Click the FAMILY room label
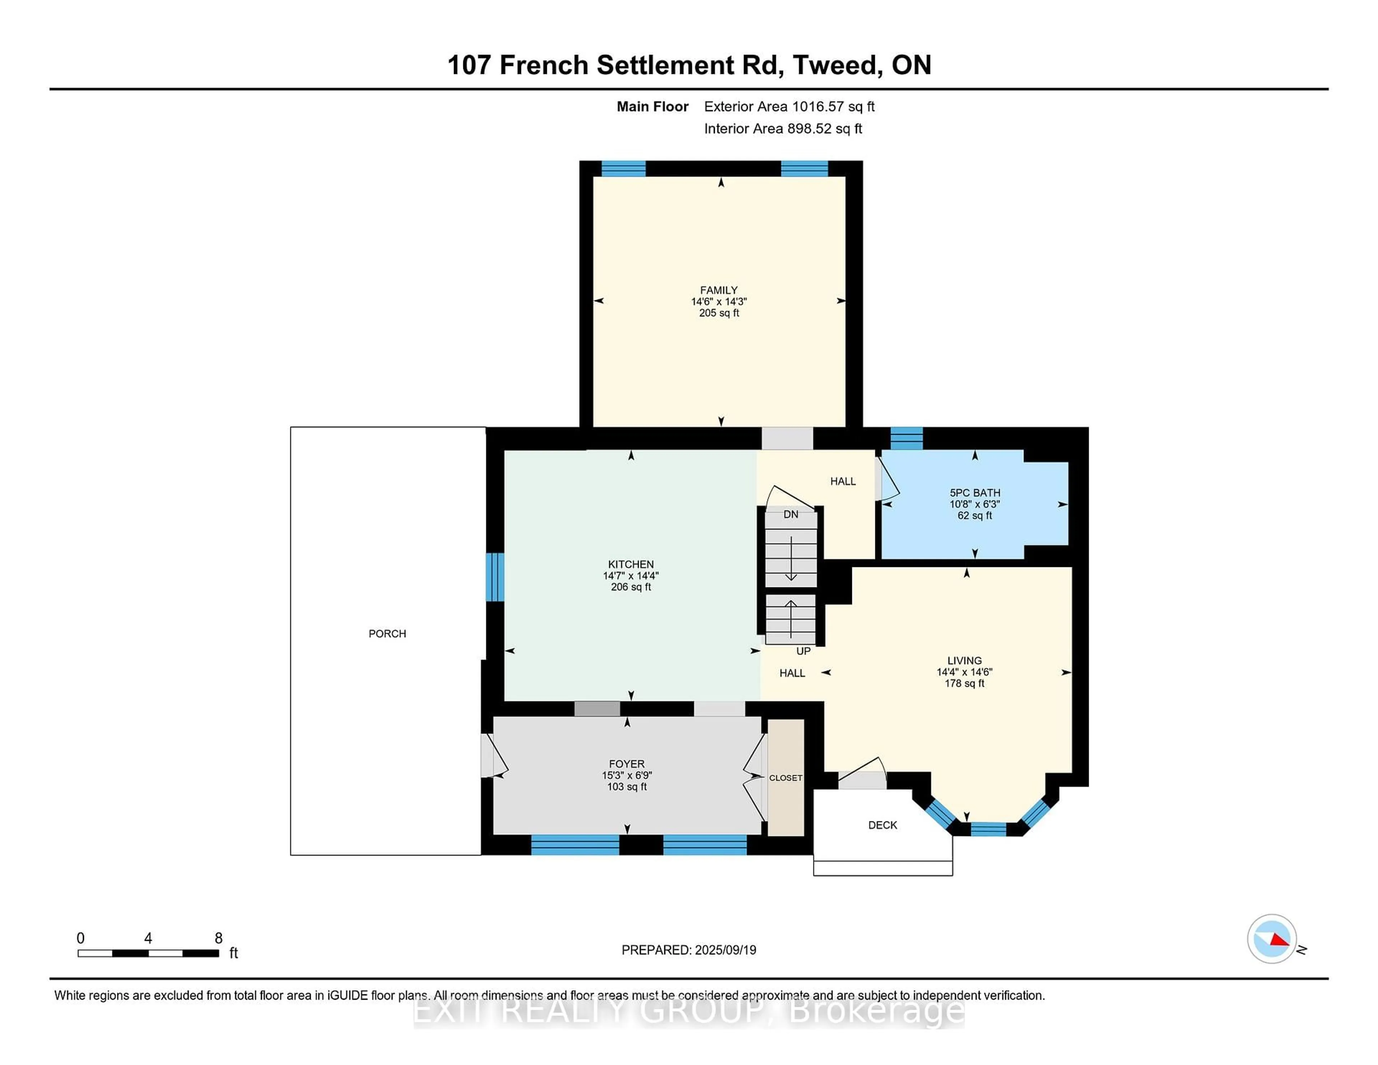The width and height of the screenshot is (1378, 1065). point(719,290)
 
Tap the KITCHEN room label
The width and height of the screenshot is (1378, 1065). point(631,564)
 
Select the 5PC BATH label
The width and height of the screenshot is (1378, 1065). point(975,493)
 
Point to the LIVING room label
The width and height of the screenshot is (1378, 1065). point(964,661)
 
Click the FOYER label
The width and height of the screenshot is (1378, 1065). point(627,764)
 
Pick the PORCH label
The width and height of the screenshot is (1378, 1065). point(388,633)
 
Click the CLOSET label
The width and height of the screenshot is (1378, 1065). point(786,778)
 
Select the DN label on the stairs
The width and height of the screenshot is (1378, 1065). point(791,514)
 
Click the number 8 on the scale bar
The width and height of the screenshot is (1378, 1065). point(218,938)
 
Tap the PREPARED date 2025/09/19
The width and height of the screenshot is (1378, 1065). point(726,949)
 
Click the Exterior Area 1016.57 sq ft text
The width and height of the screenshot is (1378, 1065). point(789,107)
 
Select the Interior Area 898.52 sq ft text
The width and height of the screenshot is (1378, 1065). point(783,129)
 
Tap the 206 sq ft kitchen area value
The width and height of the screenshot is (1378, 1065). point(631,587)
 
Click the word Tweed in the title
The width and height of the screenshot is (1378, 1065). point(835,65)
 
